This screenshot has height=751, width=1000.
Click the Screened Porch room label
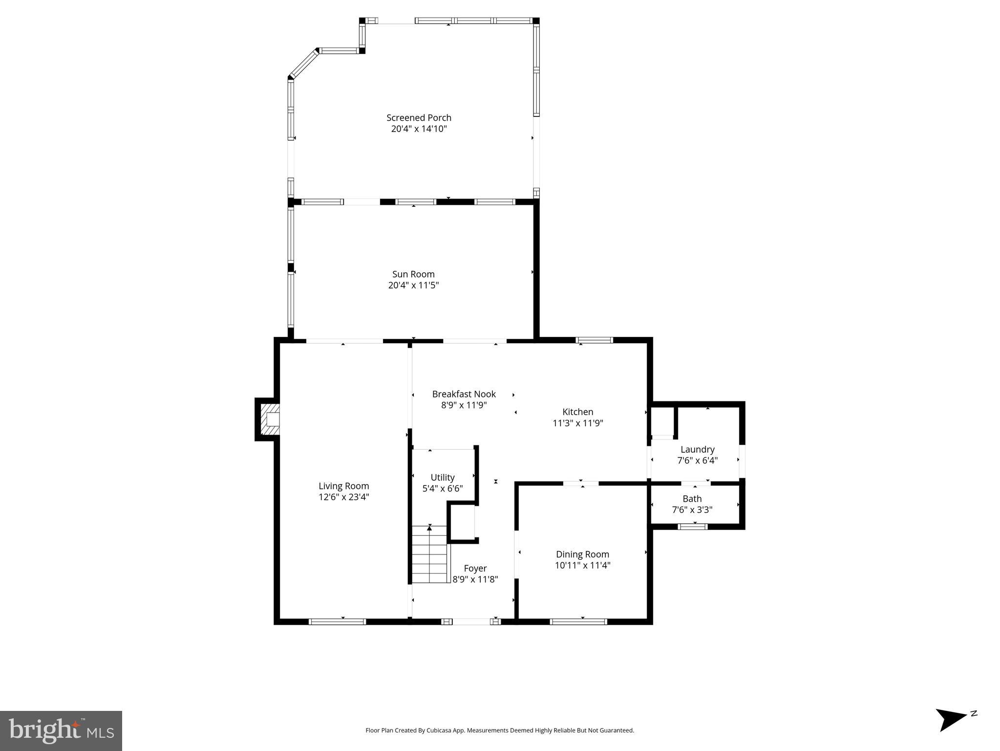coord(419,118)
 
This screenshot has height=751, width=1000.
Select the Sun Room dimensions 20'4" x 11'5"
coord(413,286)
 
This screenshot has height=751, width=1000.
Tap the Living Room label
coord(343,486)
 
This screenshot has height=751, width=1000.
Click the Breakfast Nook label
coord(464,394)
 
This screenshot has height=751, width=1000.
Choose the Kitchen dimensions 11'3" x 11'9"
coord(577,423)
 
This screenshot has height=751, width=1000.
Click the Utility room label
coord(443,478)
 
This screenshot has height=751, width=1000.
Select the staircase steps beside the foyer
coord(429,554)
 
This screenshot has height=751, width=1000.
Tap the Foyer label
coord(475,569)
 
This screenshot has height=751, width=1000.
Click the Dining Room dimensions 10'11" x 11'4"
coord(582,566)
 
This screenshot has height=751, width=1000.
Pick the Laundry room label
coord(697,449)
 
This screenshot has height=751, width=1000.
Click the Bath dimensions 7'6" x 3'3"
coord(692,510)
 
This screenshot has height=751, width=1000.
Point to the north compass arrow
coord(952,719)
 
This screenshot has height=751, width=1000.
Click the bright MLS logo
coord(61,730)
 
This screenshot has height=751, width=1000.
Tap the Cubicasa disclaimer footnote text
coord(499,730)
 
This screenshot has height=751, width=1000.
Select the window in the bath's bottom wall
coord(693,527)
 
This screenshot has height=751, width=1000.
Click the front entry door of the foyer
coord(471,621)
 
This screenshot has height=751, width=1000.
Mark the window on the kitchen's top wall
coord(594,340)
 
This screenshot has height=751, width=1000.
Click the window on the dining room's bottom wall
coord(578,622)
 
